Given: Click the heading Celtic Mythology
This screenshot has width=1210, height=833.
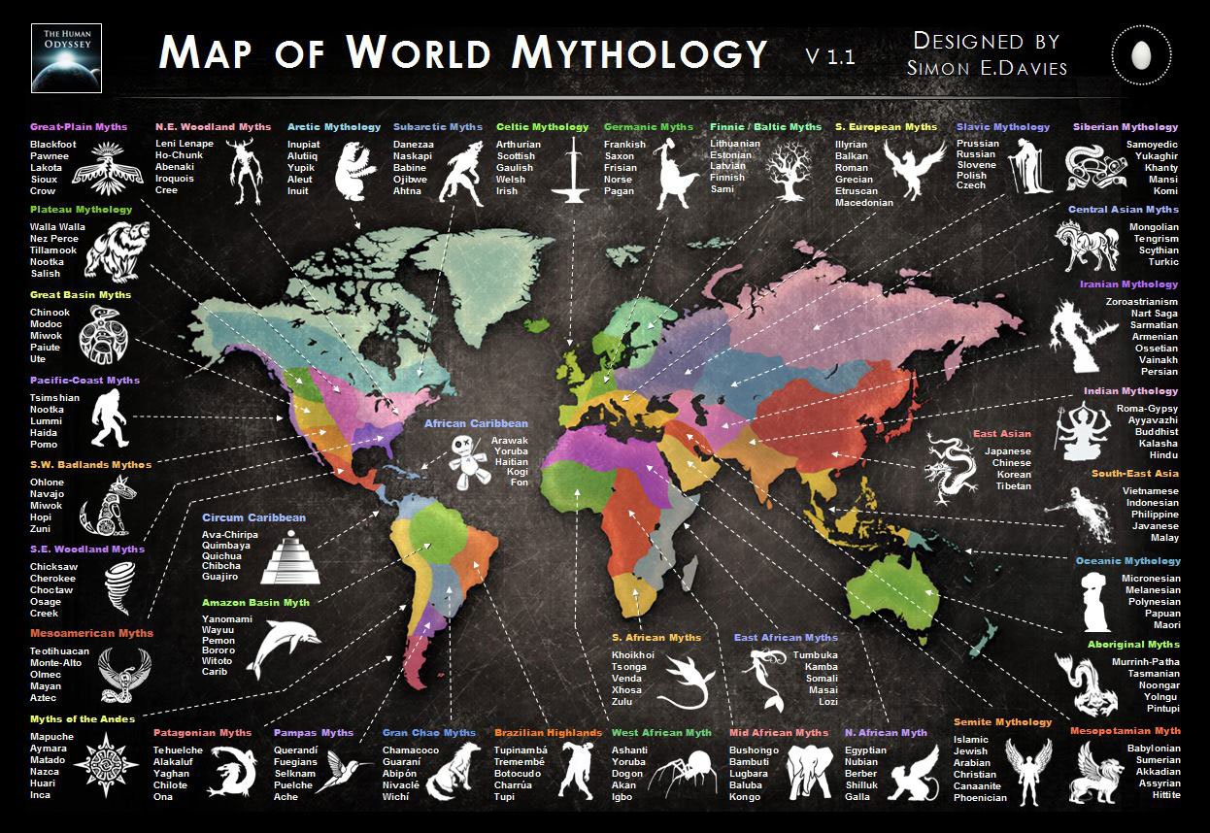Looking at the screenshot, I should tap(542, 127).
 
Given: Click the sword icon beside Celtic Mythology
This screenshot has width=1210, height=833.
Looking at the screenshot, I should tap(575, 169).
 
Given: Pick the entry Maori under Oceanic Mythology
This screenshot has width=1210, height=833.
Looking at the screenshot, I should tap(1165, 625).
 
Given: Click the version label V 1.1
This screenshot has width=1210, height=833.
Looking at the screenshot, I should tap(829, 56).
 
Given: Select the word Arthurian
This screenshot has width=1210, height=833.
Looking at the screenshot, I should tap(519, 145).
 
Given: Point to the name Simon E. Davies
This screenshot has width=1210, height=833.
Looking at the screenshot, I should tap(987, 67).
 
